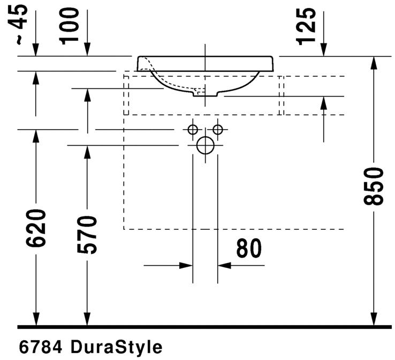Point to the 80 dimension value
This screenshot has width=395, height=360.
[x=248, y=249]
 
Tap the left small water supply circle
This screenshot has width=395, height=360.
[x=193, y=129]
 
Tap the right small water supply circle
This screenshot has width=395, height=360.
[x=217, y=129]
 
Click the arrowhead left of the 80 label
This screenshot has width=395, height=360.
[x=187, y=265]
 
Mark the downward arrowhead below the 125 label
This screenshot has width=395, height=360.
[x=323, y=50]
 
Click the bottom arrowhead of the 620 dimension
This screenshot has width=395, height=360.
[x=36, y=320]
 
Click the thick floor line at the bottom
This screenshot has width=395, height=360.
[x=203, y=326]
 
